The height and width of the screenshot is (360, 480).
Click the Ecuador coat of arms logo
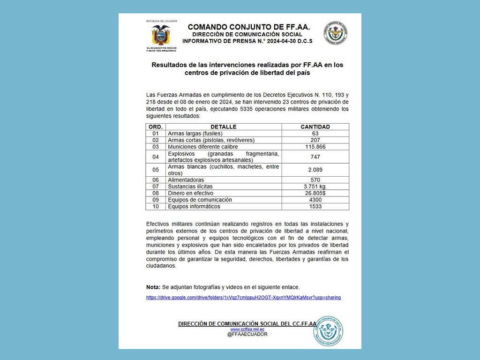(161, 36)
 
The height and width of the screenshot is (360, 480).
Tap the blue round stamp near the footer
(328, 331)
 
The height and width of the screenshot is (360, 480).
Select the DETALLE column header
(223, 127)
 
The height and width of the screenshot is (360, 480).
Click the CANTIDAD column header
(315, 127)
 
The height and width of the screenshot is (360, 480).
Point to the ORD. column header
(156, 127)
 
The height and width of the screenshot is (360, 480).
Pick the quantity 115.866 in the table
(315, 147)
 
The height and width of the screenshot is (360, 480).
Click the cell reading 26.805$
(315, 193)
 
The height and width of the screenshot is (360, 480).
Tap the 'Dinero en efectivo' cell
(190, 193)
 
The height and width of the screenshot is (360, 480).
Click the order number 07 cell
(156, 187)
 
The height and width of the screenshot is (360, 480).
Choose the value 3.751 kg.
(315, 187)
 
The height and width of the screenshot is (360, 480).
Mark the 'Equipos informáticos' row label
(194, 206)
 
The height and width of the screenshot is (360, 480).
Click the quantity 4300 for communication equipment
(315, 200)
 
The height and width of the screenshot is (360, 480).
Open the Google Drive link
(243, 298)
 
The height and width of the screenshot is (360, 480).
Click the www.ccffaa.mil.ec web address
(247, 330)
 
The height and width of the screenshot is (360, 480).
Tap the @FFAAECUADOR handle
(247, 335)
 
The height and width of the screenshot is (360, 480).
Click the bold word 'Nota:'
(153, 287)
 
